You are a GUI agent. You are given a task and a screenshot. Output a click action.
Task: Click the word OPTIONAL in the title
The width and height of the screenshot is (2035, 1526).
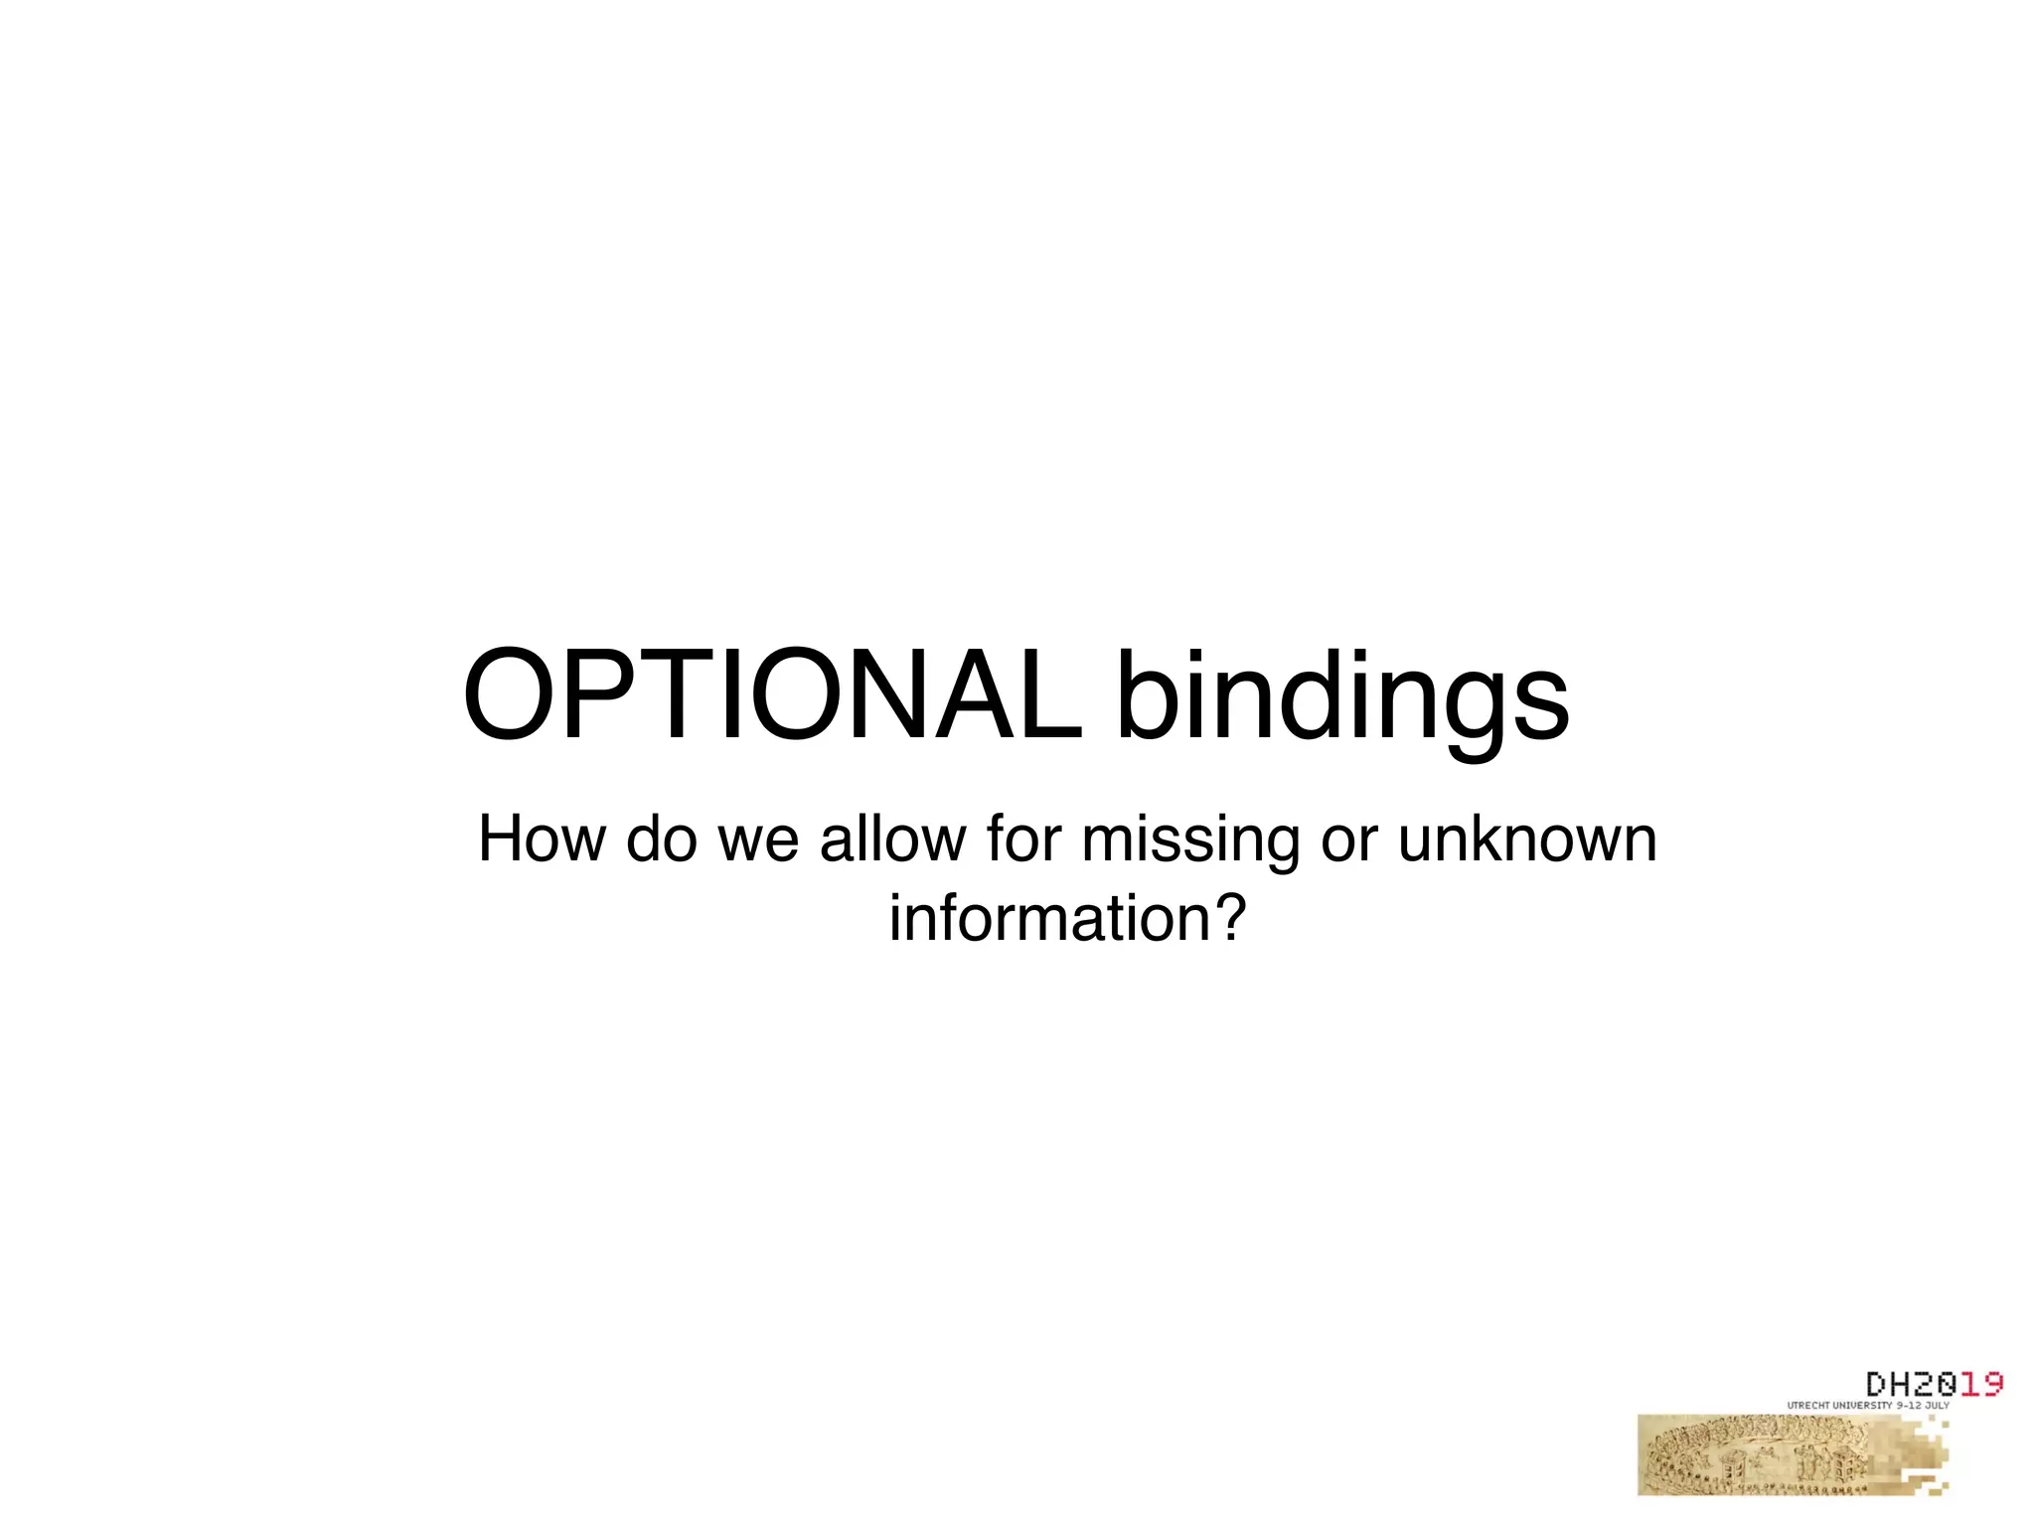[x=773, y=695]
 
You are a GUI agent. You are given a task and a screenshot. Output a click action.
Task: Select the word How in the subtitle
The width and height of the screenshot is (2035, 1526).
[x=541, y=839]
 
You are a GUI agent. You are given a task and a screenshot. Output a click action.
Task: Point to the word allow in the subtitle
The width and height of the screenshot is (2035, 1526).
[x=891, y=839]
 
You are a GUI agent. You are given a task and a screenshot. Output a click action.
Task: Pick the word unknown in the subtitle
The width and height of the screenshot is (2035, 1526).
[x=1527, y=839]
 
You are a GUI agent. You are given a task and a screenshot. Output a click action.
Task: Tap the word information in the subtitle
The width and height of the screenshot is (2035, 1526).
[x=1050, y=919]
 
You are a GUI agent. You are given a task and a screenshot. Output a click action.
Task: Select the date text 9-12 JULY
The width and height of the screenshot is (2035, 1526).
[x=1923, y=1406]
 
